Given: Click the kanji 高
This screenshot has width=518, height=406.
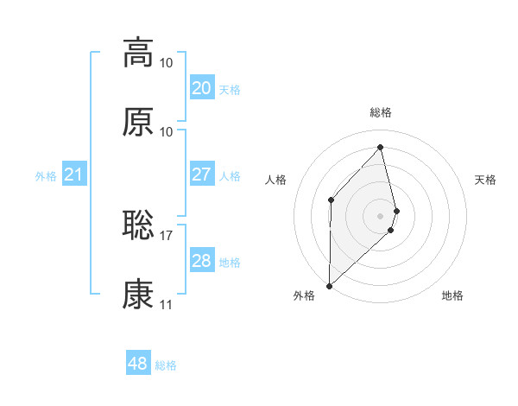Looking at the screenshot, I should [138, 53].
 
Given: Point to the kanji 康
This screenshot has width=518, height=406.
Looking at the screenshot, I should [138, 295].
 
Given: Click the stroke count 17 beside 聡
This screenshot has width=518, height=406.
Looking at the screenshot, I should [167, 235].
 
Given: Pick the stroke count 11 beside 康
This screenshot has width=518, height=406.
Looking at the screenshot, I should [167, 304].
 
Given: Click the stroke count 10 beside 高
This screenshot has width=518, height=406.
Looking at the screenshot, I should [167, 62].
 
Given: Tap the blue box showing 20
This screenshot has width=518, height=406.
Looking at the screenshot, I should [201, 88].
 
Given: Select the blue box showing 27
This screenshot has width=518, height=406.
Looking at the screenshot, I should [201, 174].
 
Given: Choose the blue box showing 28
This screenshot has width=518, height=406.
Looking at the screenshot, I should [201, 261].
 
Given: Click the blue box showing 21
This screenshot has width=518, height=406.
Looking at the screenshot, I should [74, 175].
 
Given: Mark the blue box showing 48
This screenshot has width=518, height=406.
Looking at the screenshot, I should [138, 364].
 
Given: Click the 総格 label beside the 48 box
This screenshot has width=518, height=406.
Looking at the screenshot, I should [166, 365].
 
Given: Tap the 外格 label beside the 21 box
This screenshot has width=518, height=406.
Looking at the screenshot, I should [46, 176].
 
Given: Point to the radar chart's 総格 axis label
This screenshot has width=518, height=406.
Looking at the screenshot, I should [381, 112].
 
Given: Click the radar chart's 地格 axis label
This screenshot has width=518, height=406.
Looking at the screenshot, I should [452, 295].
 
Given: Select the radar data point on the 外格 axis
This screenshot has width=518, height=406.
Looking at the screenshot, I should [329, 285].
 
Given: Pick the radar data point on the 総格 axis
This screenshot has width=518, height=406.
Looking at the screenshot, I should [381, 147].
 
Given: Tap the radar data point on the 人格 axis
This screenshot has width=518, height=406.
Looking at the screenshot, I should [331, 200].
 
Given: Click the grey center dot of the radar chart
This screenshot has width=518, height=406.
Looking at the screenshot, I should [381, 215].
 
